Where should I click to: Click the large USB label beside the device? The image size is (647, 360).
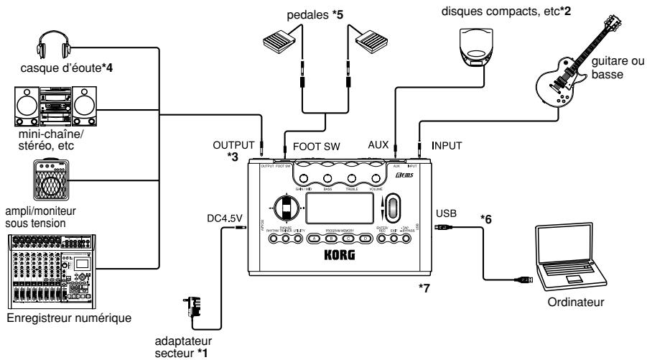click(445, 213)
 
